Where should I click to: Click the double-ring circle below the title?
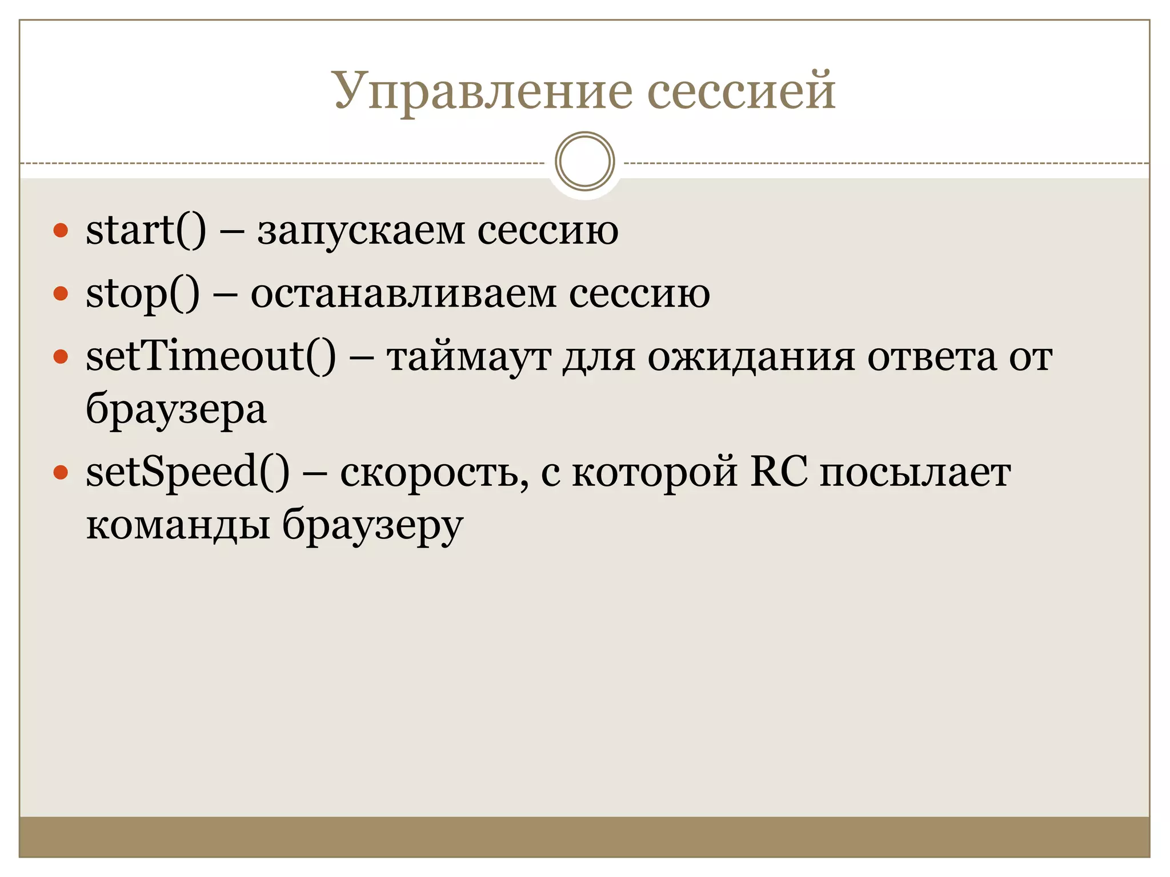[584, 162]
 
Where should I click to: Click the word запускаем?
[361, 231]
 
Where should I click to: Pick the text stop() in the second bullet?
[143, 294]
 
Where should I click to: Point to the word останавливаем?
[403, 294]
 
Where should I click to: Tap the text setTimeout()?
[211, 356]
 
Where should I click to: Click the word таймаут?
[468, 357]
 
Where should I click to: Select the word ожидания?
[751, 357]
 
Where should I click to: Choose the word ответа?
[932, 357]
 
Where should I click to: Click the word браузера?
[176, 410]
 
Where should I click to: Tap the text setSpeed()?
[187, 473]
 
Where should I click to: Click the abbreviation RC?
[779, 473]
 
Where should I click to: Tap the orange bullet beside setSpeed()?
[61, 473]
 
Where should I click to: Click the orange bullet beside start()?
[61, 231]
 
